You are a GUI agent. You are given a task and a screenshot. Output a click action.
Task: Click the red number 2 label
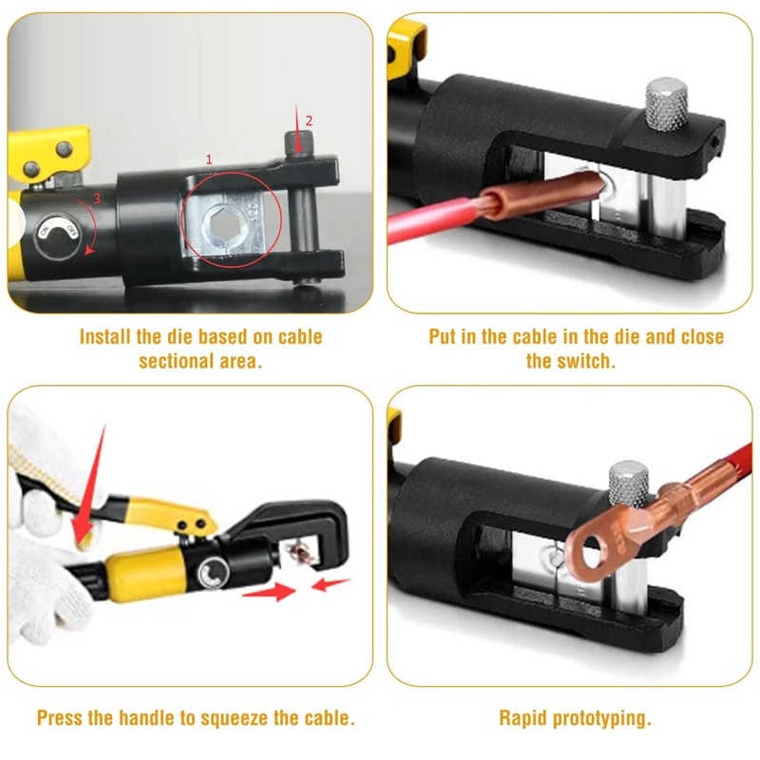tap(308, 121)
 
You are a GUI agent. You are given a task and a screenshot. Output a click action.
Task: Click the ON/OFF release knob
tap(56, 238)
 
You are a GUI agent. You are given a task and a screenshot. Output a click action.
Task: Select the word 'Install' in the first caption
tap(109, 337)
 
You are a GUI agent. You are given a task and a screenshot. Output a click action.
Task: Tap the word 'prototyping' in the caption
tap(605, 717)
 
